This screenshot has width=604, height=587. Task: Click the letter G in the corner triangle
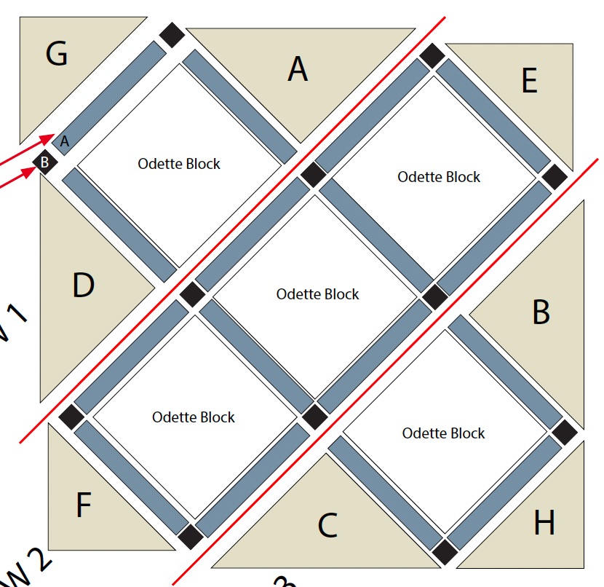pyautogui.click(x=57, y=53)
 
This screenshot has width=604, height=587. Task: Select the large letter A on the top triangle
pyautogui.click(x=297, y=68)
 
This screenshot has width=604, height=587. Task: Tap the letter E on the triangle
pyautogui.click(x=529, y=80)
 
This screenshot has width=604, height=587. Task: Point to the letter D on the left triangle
pyautogui.click(x=84, y=285)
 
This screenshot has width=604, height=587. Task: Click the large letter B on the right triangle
pyautogui.click(x=541, y=312)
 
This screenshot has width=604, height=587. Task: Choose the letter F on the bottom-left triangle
pyautogui.click(x=84, y=505)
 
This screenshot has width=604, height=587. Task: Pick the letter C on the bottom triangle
pyautogui.click(x=327, y=525)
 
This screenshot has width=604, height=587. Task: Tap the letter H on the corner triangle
pyautogui.click(x=544, y=522)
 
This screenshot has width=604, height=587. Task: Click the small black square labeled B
pyautogui.click(x=44, y=162)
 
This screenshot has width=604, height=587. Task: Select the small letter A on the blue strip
pyautogui.click(x=64, y=142)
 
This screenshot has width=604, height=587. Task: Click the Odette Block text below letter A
pyautogui.click(x=179, y=163)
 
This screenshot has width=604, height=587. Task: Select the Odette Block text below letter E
pyautogui.click(x=439, y=176)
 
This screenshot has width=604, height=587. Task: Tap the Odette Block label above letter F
pyautogui.click(x=194, y=417)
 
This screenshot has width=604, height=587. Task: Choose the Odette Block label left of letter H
pyautogui.click(x=443, y=433)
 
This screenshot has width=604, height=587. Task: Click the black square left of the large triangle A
pyautogui.click(x=172, y=35)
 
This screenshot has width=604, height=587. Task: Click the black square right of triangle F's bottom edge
pyautogui.click(x=190, y=535)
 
